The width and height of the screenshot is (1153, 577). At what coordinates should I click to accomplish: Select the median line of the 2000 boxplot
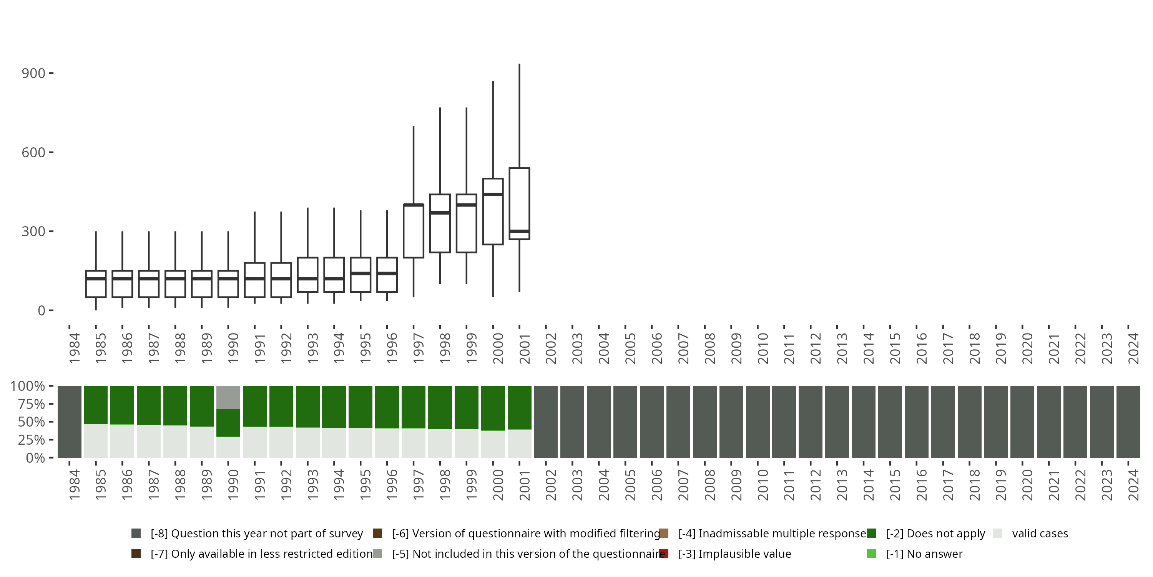click(493, 194)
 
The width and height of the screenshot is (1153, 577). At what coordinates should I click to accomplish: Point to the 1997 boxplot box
click(413, 231)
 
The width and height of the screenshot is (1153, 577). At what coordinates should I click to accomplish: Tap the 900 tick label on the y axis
click(33, 73)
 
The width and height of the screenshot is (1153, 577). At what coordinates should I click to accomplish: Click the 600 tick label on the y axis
click(33, 153)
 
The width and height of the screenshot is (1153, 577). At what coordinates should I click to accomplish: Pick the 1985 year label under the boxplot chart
click(100, 348)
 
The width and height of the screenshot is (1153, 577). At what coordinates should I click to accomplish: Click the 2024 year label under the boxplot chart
click(1133, 348)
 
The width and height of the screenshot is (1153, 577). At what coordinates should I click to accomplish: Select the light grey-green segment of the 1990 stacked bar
click(228, 397)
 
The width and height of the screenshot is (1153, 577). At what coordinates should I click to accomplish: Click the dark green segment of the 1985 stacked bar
click(96, 405)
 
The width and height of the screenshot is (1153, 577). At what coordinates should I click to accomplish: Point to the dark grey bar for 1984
click(70, 422)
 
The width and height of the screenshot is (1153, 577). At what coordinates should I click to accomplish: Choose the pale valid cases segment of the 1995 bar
click(361, 443)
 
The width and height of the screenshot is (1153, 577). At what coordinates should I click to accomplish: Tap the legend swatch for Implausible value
click(664, 554)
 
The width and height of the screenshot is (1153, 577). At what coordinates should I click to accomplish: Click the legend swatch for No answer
click(871, 554)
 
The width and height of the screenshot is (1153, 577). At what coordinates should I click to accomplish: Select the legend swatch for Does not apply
click(871, 534)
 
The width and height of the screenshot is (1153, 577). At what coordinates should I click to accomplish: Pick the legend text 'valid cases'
click(1040, 534)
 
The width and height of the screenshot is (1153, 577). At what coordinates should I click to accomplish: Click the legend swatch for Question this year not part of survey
click(136, 534)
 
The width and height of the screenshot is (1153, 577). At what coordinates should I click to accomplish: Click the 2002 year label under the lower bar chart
click(550, 485)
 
